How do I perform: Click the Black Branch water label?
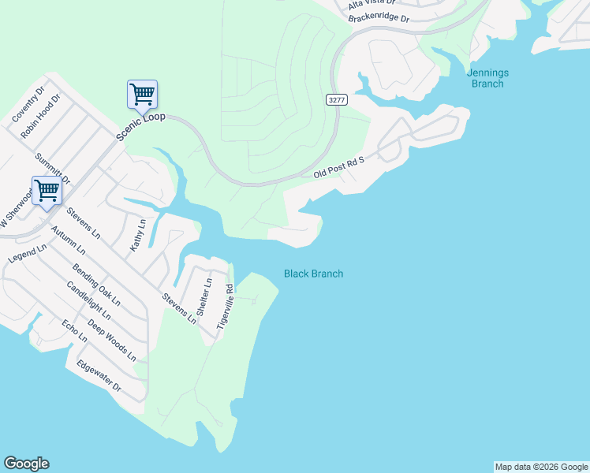[x=313, y=274]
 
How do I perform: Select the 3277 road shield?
[x=335, y=99]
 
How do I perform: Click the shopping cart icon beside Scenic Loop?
[x=142, y=95]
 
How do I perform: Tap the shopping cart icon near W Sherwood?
[x=47, y=190]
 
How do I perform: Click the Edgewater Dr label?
[x=99, y=377]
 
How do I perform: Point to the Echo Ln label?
[x=74, y=331]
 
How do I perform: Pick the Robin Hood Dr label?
[x=40, y=117]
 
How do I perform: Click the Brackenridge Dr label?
[x=378, y=17]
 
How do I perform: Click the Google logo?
[x=26, y=464]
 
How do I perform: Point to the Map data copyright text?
[x=541, y=467]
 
